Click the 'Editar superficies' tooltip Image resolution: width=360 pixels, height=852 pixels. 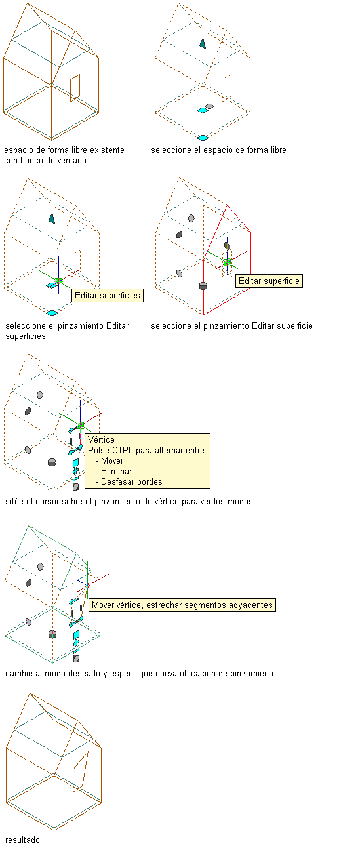click(x=108, y=296)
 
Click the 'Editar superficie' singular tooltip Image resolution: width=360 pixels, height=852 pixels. click(x=269, y=281)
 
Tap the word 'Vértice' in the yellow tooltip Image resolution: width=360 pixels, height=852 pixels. click(x=101, y=439)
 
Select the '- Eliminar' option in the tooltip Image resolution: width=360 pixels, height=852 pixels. click(x=113, y=472)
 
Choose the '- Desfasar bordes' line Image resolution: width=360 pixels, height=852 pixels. click(x=129, y=482)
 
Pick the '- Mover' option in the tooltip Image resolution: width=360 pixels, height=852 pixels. click(x=110, y=460)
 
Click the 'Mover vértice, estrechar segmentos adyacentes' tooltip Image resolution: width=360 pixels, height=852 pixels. click(x=182, y=605)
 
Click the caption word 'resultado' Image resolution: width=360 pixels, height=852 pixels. click(x=22, y=840)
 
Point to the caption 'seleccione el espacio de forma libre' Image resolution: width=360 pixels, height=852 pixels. click(x=218, y=150)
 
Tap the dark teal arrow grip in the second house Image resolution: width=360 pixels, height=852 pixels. click(x=203, y=43)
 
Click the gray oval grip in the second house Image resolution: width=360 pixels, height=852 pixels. click(x=209, y=106)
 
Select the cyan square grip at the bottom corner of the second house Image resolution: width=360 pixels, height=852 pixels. click(x=203, y=138)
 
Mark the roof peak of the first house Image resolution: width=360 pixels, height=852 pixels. click(x=28, y=3)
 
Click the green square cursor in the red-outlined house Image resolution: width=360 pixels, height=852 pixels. click(x=228, y=262)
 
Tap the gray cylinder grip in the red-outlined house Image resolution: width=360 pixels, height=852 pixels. click(x=203, y=285)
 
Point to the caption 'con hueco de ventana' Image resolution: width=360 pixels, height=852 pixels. click(x=45, y=161)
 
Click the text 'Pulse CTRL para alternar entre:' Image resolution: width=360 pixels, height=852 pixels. click(x=148, y=451)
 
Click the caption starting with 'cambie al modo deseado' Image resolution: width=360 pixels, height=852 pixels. click(x=140, y=674)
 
